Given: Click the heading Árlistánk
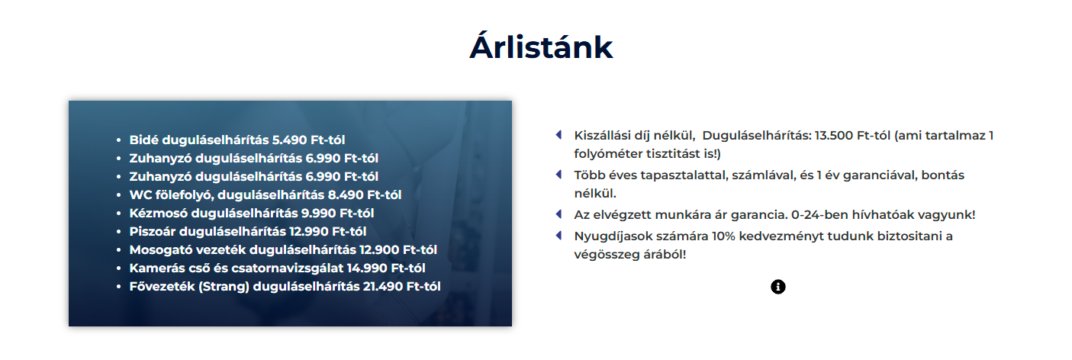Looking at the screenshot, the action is [x=541, y=46].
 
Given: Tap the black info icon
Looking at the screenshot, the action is [x=778, y=287].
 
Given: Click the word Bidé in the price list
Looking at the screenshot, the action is [x=143, y=140].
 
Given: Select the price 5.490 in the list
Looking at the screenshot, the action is [x=289, y=140].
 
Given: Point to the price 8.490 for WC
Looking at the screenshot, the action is [x=345, y=195].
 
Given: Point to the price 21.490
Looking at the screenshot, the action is [x=382, y=287].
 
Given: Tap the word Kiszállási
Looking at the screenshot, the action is [x=602, y=136].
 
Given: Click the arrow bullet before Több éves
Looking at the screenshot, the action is [x=559, y=175].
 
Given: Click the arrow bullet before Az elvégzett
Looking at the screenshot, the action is [x=559, y=214].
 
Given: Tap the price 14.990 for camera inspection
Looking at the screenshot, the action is [x=367, y=268].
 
